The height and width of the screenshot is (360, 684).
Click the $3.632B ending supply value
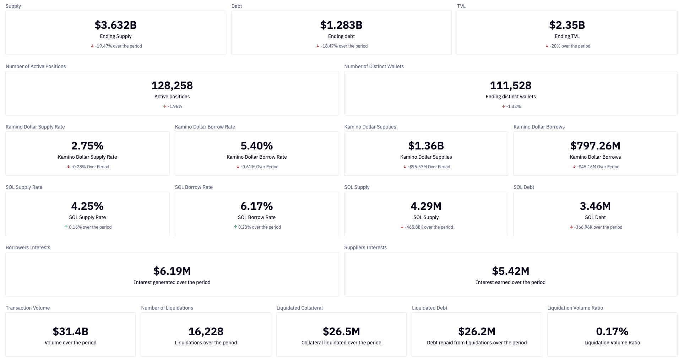(x=115, y=25)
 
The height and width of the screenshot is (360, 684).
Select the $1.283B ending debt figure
(x=341, y=25)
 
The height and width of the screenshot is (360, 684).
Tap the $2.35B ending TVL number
(x=567, y=25)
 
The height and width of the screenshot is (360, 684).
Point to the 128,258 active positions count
(x=172, y=86)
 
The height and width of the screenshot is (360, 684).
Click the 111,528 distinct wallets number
(x=510, y=86)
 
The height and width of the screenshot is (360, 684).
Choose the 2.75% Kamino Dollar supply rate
(x=87, y=146)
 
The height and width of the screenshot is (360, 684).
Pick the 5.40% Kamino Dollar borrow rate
(x=256, y=146)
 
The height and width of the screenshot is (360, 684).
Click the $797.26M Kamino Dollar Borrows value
(x=595, y=146)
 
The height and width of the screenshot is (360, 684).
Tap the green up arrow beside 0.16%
(x=66, y=227)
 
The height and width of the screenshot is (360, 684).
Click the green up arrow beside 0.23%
(x=235, y=227)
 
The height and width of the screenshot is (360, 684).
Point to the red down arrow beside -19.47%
(x=92, y=46)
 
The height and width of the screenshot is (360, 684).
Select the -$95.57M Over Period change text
(x=429, y=167)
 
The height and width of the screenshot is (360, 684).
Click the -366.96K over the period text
(x=598, y=227)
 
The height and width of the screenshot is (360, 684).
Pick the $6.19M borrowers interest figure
(x=172, y=271)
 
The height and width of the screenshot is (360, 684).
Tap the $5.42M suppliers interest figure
(x=510, y=271)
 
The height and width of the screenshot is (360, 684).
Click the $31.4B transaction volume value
(x=70, y=332)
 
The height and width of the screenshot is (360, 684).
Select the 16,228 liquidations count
(x=206, y=332)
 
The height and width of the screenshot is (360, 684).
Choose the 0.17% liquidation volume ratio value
(x=612, y=332)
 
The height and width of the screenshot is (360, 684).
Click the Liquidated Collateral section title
(x=299, y=308)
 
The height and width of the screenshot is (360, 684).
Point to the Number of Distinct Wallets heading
(x=374, y=66)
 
